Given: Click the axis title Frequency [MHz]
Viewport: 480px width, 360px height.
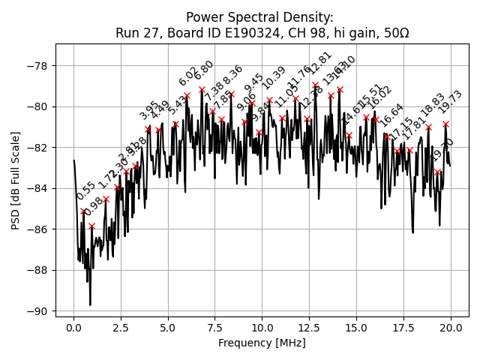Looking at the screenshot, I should (x=262, y=343).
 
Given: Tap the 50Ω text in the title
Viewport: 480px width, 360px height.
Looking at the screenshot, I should (x=394, y=32).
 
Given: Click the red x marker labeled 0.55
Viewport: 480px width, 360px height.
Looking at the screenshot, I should (x=84, y=211).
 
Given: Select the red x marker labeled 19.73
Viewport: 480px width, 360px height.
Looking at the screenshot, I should (x=445, y=124).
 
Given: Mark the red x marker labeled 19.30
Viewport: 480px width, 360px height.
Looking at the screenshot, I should (x=438, y=172).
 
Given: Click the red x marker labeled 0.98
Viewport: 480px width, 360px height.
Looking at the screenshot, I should (x=91, y=226).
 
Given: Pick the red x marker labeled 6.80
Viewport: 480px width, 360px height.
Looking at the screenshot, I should (x=202, y=89).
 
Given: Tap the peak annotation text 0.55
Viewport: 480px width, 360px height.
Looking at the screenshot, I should (x=86, y=191).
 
